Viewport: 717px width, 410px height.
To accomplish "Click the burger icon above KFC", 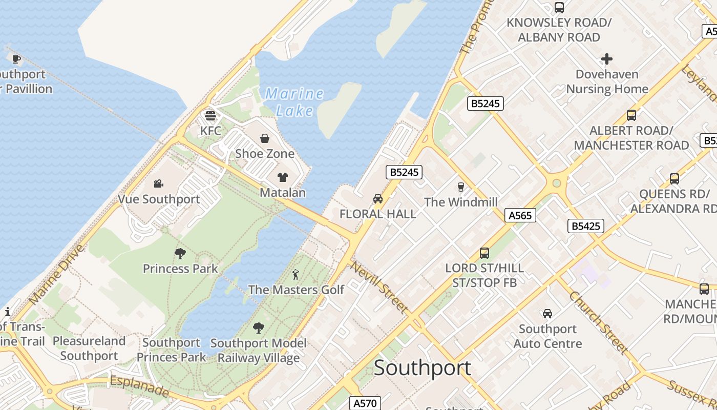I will (x=210, y=115).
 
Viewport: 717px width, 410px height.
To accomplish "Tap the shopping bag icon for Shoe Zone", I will (x=265, y=138).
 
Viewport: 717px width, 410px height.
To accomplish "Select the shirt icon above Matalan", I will (x=282, y=177).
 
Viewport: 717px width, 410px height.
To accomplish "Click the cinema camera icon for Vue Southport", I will (x=159, y=183).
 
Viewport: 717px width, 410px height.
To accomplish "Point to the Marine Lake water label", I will (x=294, y=102).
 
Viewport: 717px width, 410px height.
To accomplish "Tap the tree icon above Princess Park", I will (x=180, y=253).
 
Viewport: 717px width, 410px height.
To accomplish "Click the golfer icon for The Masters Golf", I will (x=296, y=275).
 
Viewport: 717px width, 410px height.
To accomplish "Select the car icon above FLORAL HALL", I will (x=378, y=199).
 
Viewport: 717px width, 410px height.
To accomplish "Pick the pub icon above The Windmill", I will (x=460, y=187).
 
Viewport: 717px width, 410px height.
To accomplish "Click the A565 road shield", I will (x=520, y=216).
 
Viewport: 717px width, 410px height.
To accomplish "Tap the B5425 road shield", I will (x=586, y=226).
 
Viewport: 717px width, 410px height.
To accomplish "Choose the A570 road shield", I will (x=365, y=403).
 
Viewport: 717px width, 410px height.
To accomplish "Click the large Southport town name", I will (x=422, y=368).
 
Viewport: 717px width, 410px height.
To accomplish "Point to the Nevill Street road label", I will (x=379, y=287).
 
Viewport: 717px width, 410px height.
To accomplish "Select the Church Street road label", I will (x=598, y=322).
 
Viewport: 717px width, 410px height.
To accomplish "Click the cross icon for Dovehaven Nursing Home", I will (x=607, y=59).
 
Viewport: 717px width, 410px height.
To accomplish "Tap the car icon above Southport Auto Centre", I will (x=547, y=314).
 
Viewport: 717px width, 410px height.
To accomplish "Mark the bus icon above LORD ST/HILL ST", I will (x=484, y=253).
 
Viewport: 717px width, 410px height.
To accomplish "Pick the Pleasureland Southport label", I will (x=89, y=348).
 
